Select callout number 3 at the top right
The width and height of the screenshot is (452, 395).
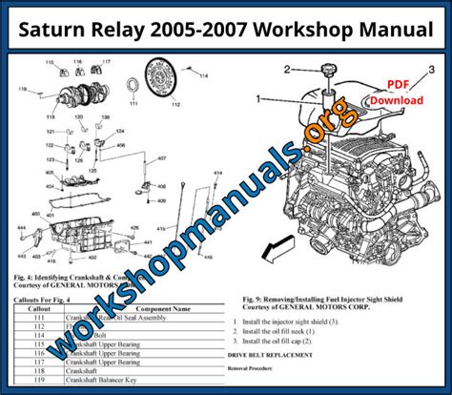431,71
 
